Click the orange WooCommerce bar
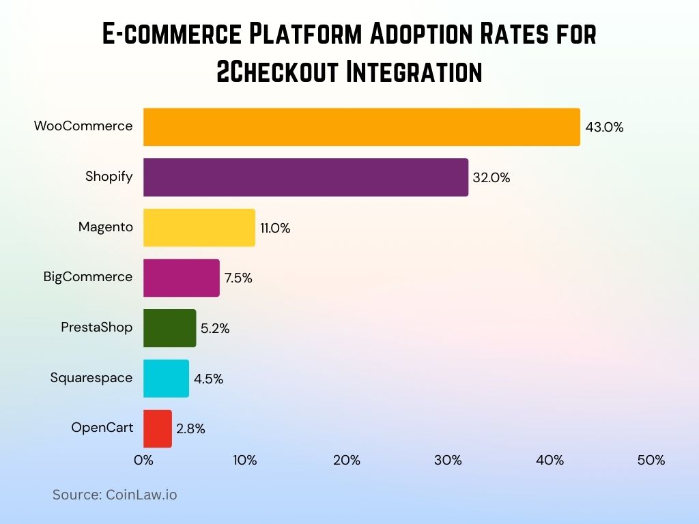tap(361, 127)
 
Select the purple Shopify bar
tap(305, 177)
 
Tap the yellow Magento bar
tap(199, 227)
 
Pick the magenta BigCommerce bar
tap(181, 278)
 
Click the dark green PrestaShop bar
tap(169, 328)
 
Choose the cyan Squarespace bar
tap(166, 379)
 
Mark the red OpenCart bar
tap(157, 428)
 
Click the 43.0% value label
tap(604, 127)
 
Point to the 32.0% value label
tap(491, 177)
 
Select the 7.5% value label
tap(238, 278)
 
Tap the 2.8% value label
tap(190, 429)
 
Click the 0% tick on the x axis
tap(143, 461)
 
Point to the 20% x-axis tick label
tap(346, 461)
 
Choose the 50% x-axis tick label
tap(651, 461)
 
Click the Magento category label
tap(106, 227)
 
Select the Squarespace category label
tap(91, 378)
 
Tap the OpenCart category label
tap(102, 428)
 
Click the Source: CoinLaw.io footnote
tap(115, 495)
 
